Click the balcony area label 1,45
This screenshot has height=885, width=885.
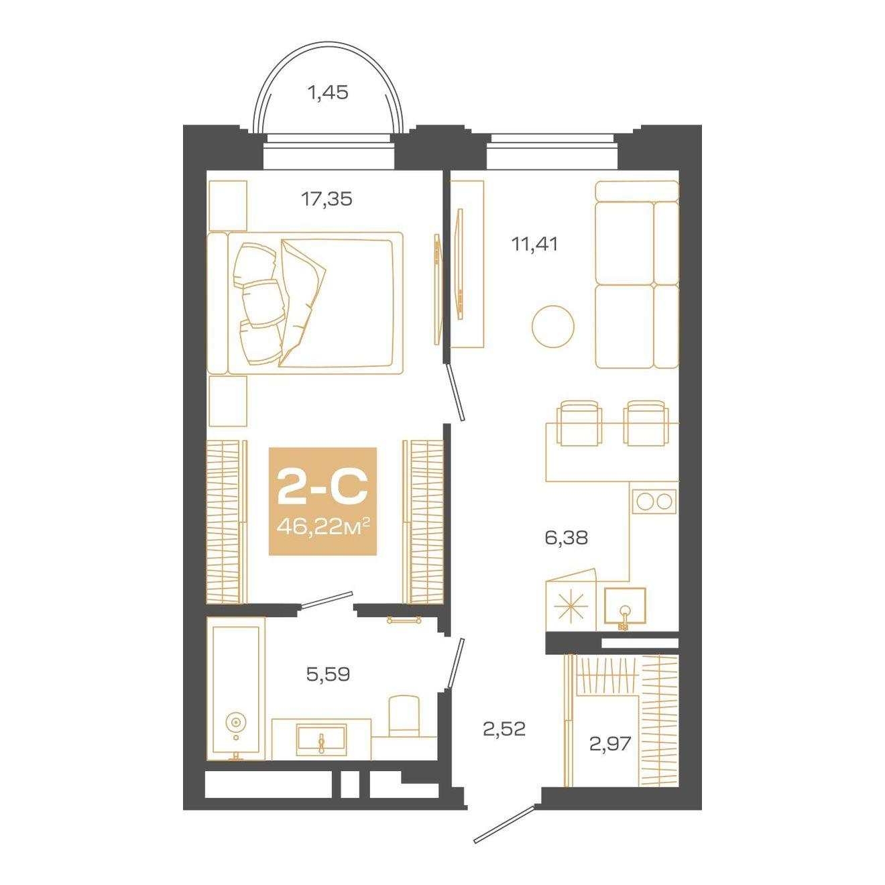click(327, 93)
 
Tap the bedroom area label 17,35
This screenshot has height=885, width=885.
click(327, 199)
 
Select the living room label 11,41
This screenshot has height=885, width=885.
click(534, 244)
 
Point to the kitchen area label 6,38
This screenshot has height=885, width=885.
click(566, 538)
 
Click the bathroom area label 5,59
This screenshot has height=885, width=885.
click(328, 674)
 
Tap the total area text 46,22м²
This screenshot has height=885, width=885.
click(323, 528)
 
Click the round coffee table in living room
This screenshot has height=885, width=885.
click(553, 327)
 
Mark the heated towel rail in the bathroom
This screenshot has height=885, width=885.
click(404, 620)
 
